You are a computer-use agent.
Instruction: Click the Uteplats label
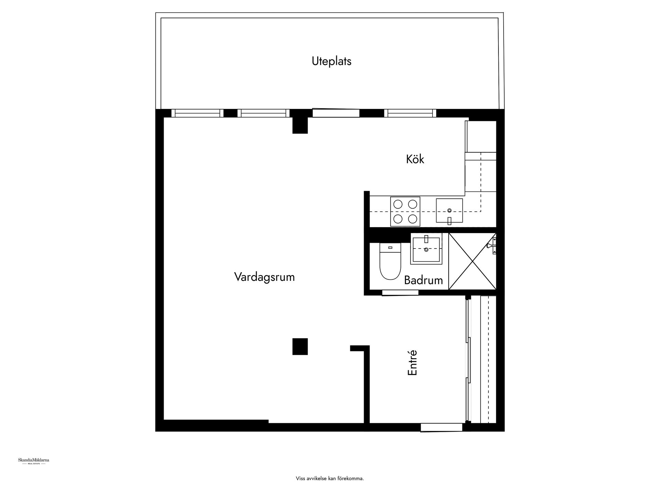click(x=331, y=61)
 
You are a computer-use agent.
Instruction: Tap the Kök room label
click(x=415, y=159)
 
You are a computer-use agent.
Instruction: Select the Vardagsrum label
click(x=264, y=277)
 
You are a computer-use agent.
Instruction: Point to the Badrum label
click(x=423, y=280)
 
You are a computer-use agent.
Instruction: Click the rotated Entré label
click(x=412, y=362)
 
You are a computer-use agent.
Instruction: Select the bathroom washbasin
click(x=426, y=249)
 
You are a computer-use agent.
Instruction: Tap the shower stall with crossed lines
click(x=472, y=261)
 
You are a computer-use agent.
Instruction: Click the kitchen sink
click(x=449, y=210)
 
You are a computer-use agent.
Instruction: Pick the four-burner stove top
click(x=405, y=211)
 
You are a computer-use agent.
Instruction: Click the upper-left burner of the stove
click(x=398, y=204)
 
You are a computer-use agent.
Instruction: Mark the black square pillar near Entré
click(x=300, y=346)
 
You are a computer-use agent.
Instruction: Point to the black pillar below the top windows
click(x=300, y=125)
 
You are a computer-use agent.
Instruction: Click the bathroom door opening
click(x=400, y=293)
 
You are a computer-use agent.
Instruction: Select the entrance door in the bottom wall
click(x=441, y=427)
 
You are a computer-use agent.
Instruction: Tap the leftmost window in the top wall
click(x=197, y=113)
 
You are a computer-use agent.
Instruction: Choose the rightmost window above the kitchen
click(x=410, y=113)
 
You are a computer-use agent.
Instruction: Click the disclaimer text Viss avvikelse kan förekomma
click(x=330, y=478)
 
